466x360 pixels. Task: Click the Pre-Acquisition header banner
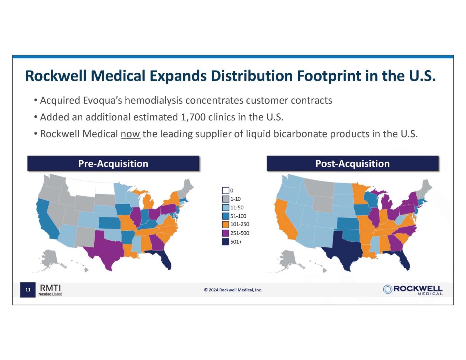(113, 163)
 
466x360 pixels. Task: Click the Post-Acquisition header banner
(352, 163)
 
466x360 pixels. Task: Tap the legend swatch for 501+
(225, 242)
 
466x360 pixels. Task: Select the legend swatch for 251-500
(225, 233)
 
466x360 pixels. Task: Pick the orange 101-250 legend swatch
(225, 225)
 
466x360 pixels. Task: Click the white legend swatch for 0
(225, 190)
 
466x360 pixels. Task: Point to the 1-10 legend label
(236, 199)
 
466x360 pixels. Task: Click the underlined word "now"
(130, 134)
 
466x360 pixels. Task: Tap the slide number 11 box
(28, 290)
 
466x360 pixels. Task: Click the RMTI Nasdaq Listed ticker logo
(51, 289)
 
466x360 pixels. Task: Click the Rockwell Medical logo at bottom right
(413, 289)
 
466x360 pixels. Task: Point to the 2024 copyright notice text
(233, 290)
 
